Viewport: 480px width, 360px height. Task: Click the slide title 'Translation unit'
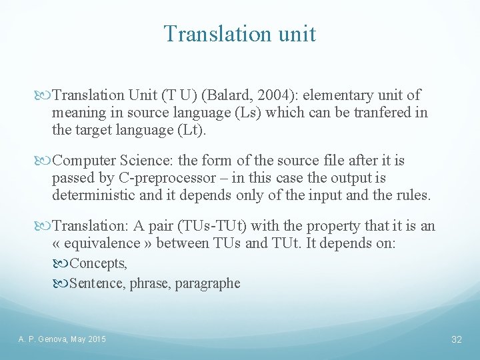(240, 33)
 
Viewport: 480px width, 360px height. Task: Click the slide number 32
(457, 340)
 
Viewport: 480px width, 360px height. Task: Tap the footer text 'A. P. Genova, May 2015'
(61, 340)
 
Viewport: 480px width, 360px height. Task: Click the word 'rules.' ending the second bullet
(413, 195)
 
